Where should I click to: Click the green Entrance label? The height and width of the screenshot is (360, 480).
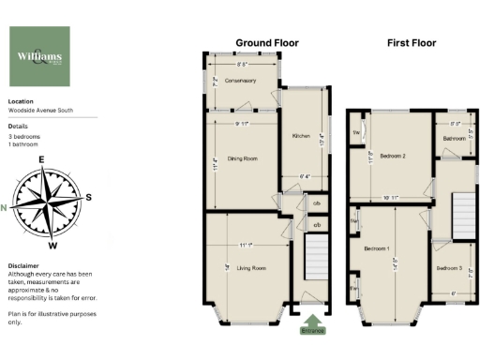click(x=313, y=330)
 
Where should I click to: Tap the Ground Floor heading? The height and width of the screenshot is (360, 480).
click(x=266, y=43)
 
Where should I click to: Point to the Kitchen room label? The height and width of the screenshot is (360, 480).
click(x=301, y=136)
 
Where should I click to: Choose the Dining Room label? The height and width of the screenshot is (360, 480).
click(x=243, y=158)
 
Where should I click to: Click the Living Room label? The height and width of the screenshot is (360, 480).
click(x=250, y=268)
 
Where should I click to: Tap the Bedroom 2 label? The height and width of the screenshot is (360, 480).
click(x=390, y=155)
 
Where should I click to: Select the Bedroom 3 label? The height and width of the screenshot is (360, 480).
click(x=449, y=268)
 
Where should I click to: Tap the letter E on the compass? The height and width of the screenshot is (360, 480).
click(x=41, y=159)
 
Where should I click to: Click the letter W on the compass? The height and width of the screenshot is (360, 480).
click(x=52, y=246)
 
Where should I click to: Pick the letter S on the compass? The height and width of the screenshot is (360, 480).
click(x=88, y=197)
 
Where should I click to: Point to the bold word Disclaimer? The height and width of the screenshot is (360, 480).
click(x=23, y=265)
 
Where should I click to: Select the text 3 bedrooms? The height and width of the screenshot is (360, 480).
click(x=24, y=137)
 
